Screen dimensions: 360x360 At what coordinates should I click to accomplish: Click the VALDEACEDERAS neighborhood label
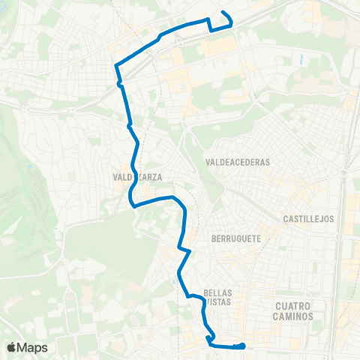(x=236, y=161)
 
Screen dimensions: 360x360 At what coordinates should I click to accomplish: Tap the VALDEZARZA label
(x=138, y=178)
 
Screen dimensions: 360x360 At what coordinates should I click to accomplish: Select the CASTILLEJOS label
(x=307, y=219)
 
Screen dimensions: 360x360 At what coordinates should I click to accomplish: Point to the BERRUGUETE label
(x=236, y=237)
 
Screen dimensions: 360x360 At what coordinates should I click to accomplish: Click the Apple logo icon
(x=13, y=347)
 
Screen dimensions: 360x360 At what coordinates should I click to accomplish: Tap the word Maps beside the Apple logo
(x=33, y=347)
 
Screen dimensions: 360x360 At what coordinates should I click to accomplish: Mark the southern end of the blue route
(x=244, y=346)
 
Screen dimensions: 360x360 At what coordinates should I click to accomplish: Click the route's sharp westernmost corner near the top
(x=115, y=66)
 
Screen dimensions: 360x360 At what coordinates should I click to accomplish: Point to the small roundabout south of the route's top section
(x=120, y=85)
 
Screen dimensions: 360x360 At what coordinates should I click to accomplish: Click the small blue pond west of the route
(x=29, y=167)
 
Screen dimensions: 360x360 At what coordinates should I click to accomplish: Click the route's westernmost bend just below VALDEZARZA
(x=130, y=201)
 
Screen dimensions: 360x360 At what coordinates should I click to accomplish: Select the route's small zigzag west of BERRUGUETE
(x=184, y=250)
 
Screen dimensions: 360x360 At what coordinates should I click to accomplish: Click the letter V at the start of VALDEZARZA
(x=115, y=178)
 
